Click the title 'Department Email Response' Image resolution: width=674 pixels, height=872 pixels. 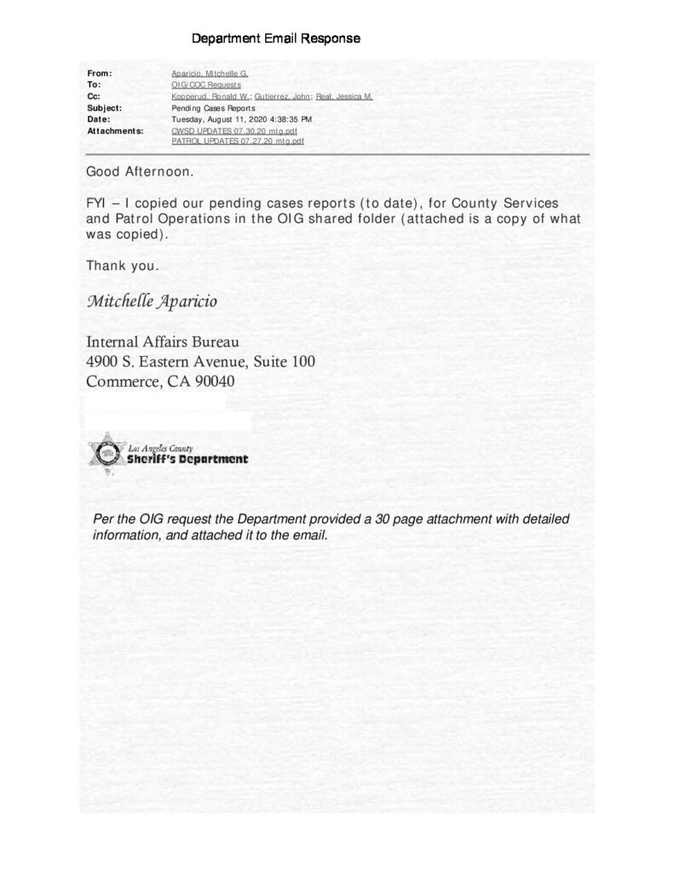click(x=275, y=39)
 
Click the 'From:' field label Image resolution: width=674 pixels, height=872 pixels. click(x=100, y=74)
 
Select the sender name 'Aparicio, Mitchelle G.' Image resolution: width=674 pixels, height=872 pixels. click(x=210, y=74)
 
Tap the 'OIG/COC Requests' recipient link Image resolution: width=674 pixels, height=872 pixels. click(x=207, y=85)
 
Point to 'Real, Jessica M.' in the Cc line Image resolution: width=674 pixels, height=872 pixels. click(x=344, y=97)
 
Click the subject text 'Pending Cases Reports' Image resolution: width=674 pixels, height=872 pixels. click(x=213, y=108)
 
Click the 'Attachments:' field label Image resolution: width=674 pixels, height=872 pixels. click(x=115, y=131)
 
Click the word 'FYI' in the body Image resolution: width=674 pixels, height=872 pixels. click(x=96, y=205)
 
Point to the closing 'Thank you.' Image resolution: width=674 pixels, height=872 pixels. click(x=122, y=266)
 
